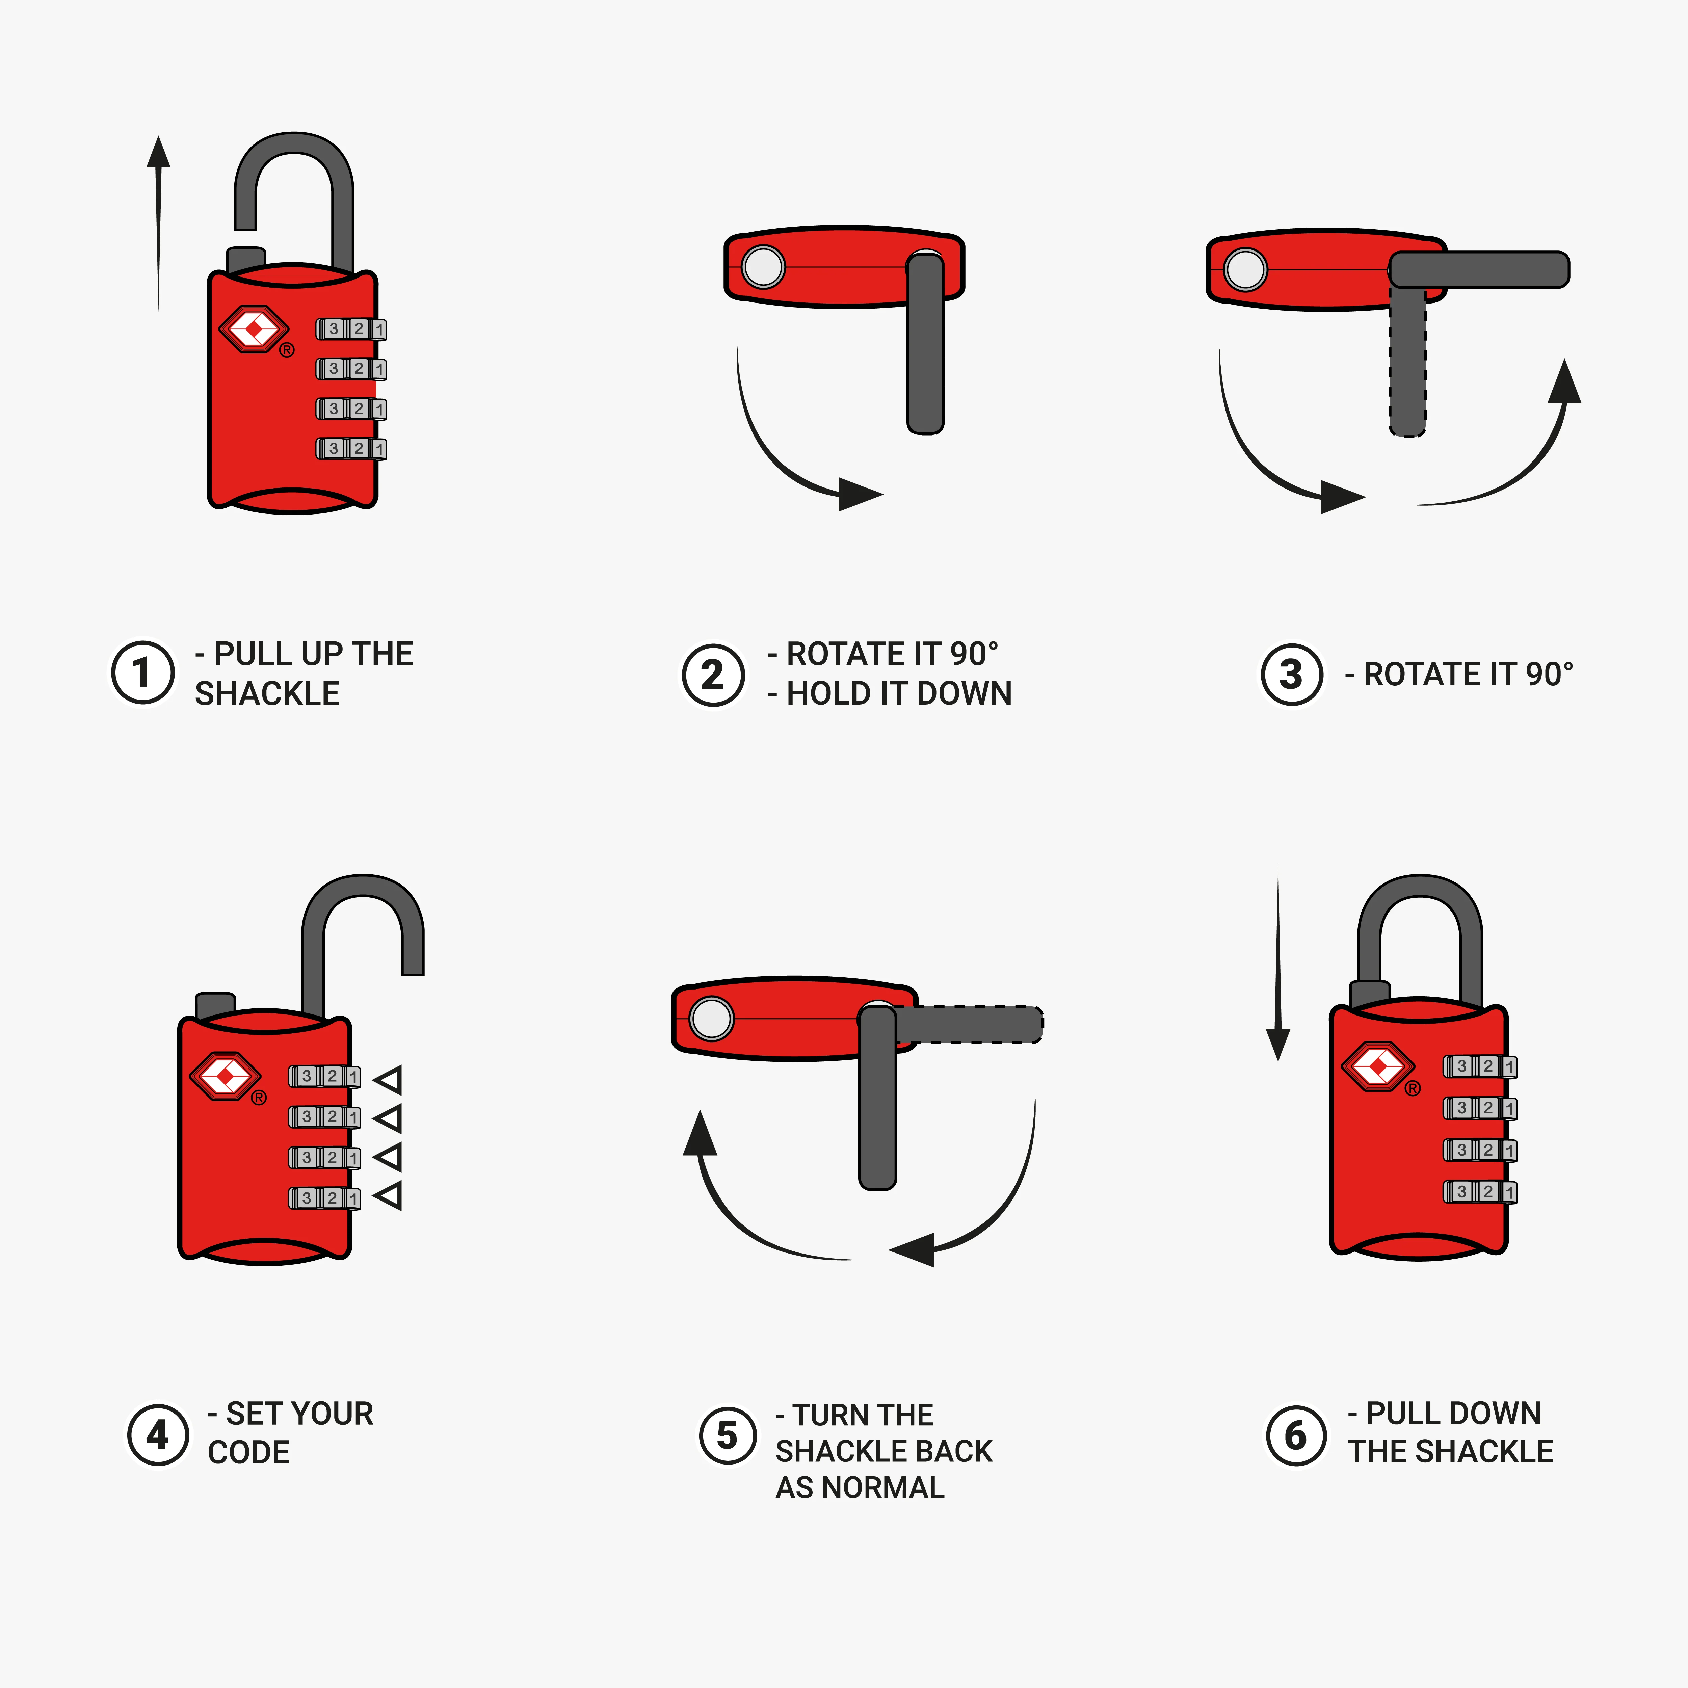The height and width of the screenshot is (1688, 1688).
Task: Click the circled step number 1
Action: tap(142, 673)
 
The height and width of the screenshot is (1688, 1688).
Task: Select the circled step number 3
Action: tap(1291, 675)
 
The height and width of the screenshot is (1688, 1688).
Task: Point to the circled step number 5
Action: tap(727, 1435)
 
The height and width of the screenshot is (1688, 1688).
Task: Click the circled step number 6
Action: tap(1296, 1435)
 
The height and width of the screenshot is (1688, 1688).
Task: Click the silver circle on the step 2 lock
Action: tap(763, 266)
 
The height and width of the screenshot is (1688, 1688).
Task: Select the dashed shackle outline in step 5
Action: tap(970, 1024)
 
